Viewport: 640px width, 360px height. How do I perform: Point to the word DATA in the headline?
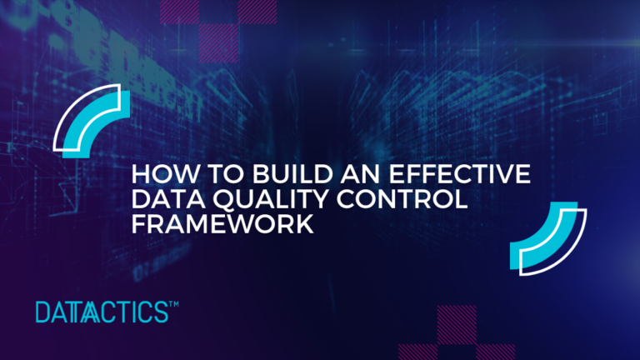click(x=162, y=201)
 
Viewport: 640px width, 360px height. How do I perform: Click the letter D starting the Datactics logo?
click(x=43, y=313)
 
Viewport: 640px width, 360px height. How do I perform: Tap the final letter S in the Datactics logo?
click(x=161, y=313)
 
